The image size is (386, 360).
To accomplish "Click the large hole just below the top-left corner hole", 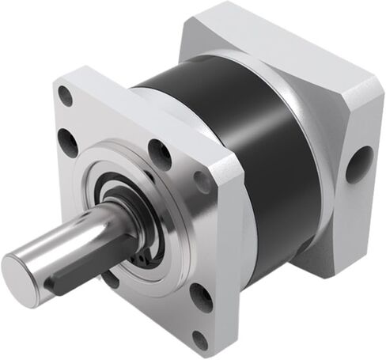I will pyautogui.click(x=68, y=142).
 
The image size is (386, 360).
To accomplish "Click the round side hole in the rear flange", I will pyautogui.click(x=359, y=164).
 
